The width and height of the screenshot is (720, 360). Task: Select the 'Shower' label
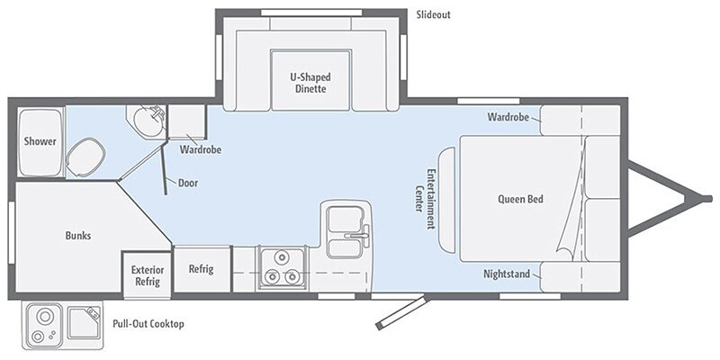tap(40, 142)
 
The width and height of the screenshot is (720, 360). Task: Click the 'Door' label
tap(188, 182)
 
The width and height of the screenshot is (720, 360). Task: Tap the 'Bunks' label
tap(77, 236)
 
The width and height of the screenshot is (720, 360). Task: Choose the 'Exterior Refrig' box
tap(146, 274)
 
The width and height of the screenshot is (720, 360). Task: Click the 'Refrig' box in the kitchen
tap(200, 269)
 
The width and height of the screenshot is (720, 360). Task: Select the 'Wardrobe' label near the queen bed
tap(508, 117)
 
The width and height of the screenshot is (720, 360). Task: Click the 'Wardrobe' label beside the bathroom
tap(201, 149)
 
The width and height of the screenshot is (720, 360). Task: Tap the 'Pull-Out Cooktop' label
tap(148, 323)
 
